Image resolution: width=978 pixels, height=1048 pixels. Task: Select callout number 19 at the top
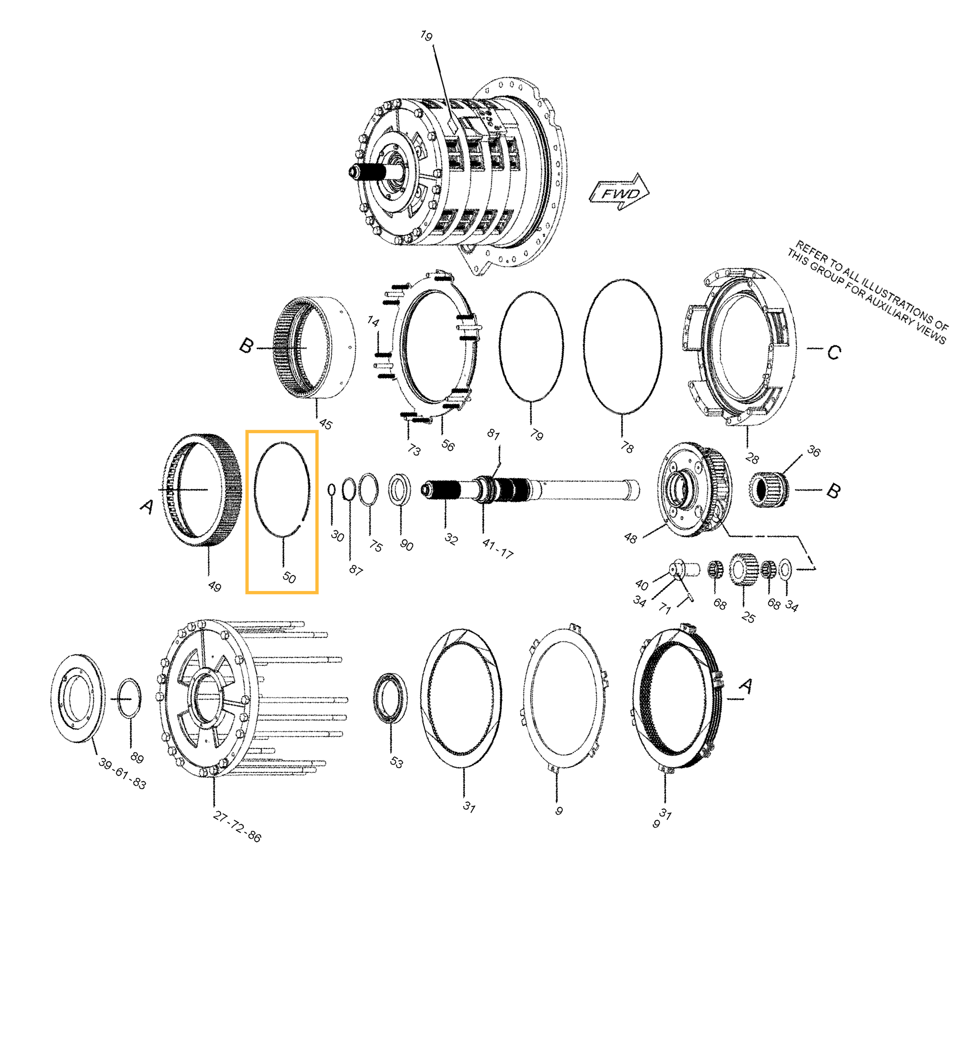click(x=426, y=36)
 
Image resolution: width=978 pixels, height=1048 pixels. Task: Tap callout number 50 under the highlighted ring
click(x=289, y=577)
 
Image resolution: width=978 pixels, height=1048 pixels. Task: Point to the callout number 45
click(x=326, y=424)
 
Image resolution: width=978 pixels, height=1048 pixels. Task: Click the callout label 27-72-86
click(x=237, y=826)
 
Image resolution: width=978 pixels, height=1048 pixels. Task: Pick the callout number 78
click(x=626, y=447)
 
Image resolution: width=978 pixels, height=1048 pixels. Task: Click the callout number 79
click(x=536, y=435)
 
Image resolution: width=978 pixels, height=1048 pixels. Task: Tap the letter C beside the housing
click(x=834, y=352)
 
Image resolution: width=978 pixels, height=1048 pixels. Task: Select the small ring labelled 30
click(x=332, y=489)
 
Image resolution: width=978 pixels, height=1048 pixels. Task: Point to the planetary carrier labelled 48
click(x=694, y=490)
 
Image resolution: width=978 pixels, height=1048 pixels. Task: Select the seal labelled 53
click(x=390, y=698)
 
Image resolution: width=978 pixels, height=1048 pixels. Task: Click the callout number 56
click(x=448, y=445)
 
